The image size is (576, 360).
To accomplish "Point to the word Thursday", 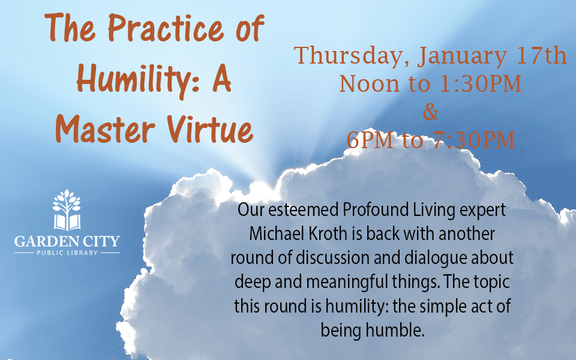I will coord(350,56).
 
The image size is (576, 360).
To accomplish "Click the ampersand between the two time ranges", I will coord(430,112).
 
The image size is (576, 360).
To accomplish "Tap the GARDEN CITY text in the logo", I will coord(67,241).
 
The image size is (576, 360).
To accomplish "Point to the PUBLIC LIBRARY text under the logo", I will coord(67,253).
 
